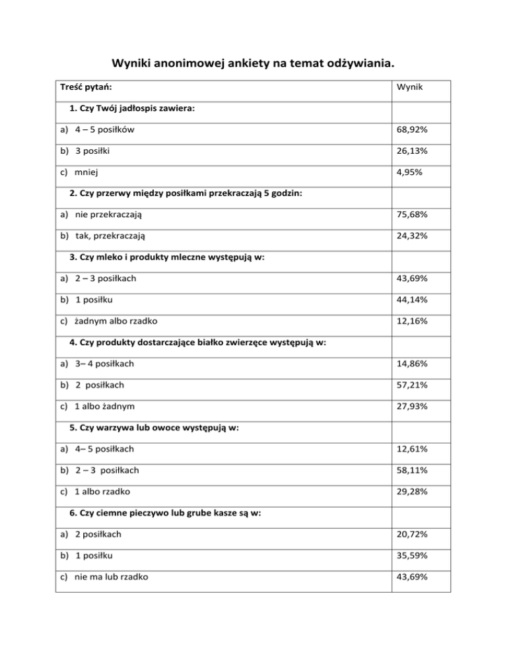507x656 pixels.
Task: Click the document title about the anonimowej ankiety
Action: click(253, 64)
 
